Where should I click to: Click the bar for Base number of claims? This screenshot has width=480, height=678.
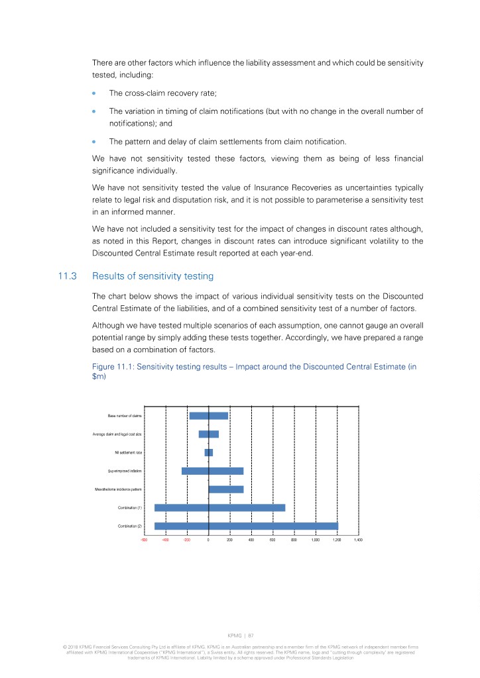(x=208, y=416)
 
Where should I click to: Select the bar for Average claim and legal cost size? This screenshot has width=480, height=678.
(x=208, y=434)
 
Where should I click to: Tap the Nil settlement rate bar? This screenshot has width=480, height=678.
(x=208, y=452)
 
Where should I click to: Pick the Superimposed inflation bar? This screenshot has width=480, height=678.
(x=212, y=471)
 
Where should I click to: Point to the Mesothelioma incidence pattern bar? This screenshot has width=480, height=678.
(x=226, y=489)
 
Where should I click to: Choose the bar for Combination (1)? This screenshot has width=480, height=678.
(x=219, y=508)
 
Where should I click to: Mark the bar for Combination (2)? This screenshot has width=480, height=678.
(x=246, y=526)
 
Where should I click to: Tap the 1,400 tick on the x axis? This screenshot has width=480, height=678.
(x=358, y=541)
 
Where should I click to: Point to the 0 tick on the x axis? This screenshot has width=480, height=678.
(x=208, y=541)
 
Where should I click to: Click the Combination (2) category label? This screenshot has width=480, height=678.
(x=130, y=526)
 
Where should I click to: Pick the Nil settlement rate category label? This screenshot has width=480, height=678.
(x=129, y=452)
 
